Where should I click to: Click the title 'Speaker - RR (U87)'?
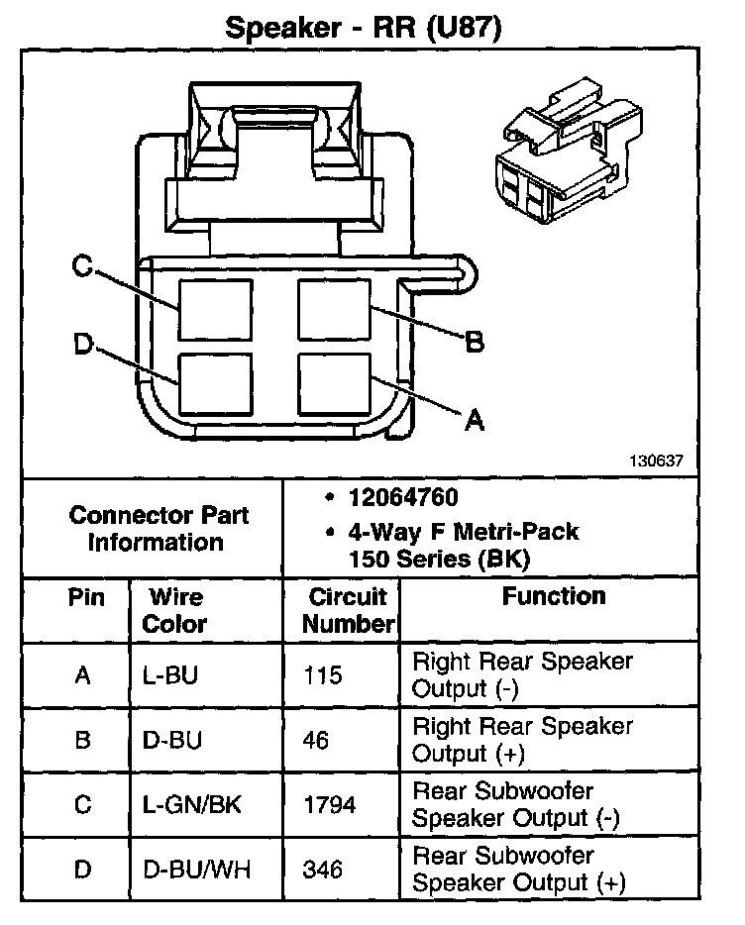pos(364,27)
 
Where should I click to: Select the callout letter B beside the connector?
pos(475,343)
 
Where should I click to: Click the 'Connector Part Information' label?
pos(160,529)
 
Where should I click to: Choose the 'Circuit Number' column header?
pos(348,610)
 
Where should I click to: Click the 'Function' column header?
pos(554,596)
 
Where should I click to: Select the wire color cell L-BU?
pos(169,675)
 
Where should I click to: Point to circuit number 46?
pos(317,740)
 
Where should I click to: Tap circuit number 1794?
pos(331,805)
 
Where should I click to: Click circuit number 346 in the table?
pos(324,870)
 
